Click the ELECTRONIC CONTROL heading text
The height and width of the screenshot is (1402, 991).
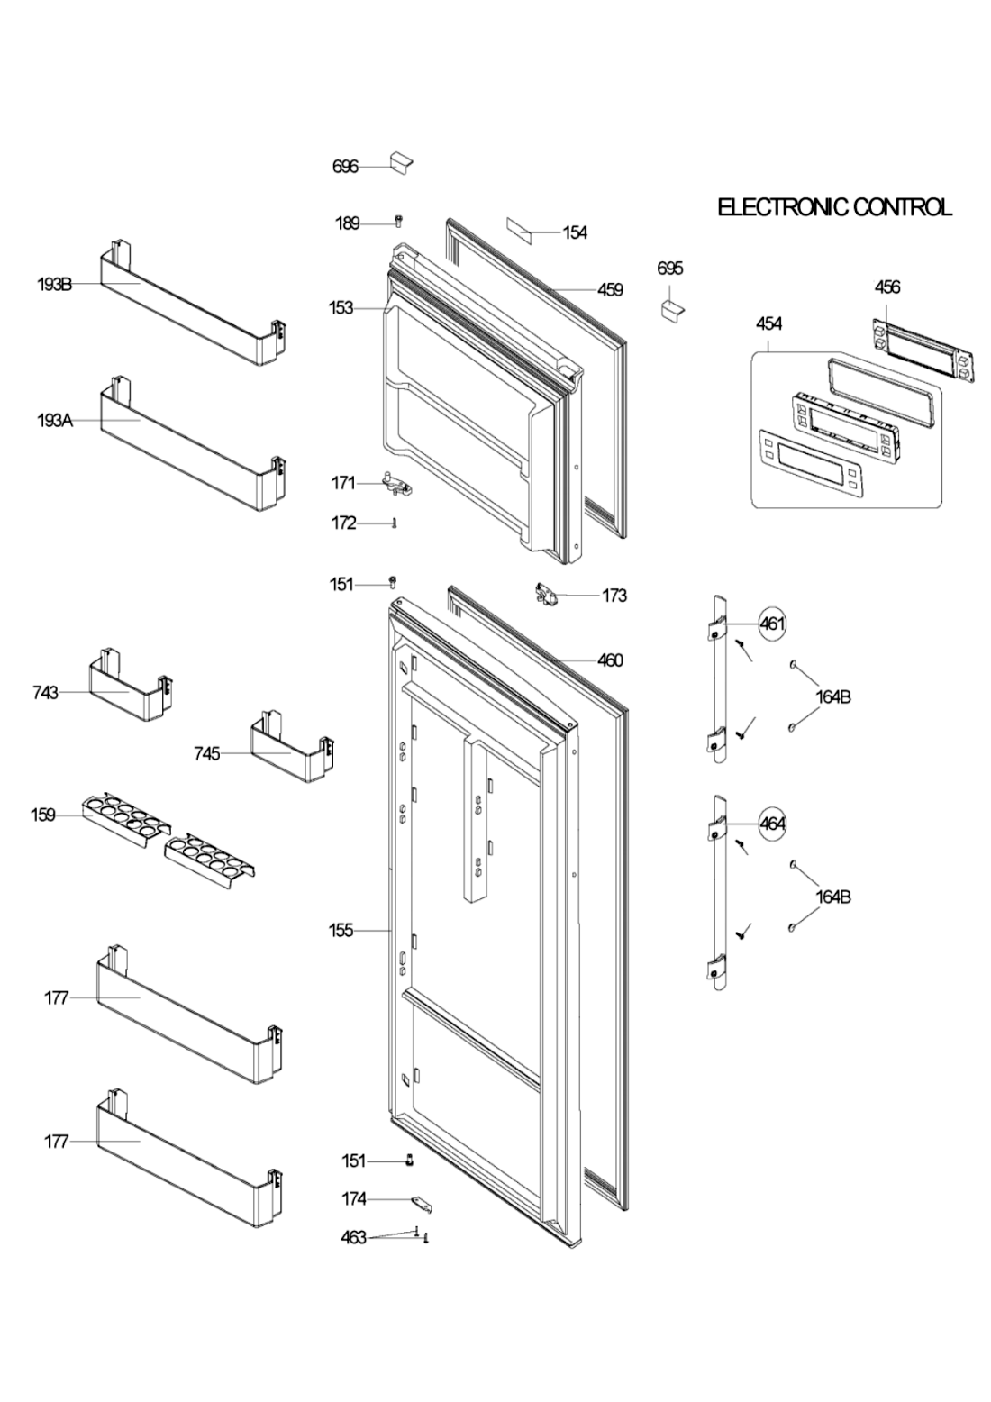[834, 207]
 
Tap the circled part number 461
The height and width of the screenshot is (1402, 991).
[772, 624]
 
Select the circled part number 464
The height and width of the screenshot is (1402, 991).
[772, 824]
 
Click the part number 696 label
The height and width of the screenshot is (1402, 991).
[345, 167]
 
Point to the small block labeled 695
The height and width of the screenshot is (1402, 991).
[673, 308]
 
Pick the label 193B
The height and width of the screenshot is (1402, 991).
[54, 285]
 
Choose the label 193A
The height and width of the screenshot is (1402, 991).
[55, 421]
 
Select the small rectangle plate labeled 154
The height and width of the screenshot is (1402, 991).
[518, 232]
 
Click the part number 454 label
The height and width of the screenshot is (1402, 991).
[768, 323]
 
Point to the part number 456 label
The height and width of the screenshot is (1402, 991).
[887, 287]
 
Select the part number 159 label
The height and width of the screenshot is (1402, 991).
[43, 815]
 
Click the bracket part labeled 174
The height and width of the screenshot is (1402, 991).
[422, 1203]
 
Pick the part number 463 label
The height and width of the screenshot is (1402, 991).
[353, 1237]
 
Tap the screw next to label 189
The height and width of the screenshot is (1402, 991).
[398, 220]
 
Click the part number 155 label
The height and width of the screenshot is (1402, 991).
[341, 931]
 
